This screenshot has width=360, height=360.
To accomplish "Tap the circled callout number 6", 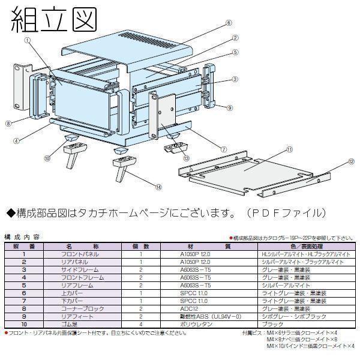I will click(229, 23).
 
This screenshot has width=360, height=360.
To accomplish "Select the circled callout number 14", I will click(158, 187).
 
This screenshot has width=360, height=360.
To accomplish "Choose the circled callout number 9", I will click(230, 107).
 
